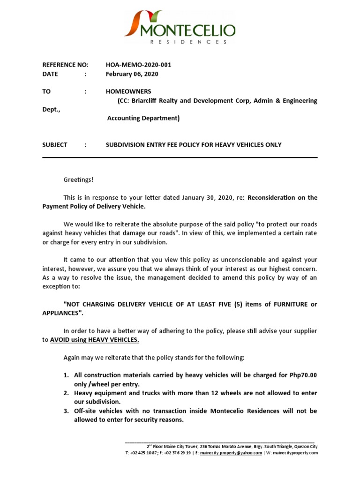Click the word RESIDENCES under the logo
[x=188, y=42]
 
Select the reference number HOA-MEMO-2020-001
[x=139, y=65]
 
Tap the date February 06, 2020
[x=132, y=74]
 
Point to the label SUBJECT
[x=55, y=145]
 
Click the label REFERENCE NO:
[x=66, y=65]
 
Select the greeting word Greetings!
[x=79, y=180]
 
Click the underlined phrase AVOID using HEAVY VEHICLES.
[x=95, y=340]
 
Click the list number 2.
[x=67, y=393]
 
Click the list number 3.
[x=67, y=411]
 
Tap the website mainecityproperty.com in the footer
[x=295, y=453]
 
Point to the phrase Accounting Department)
[x=143, y=118]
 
